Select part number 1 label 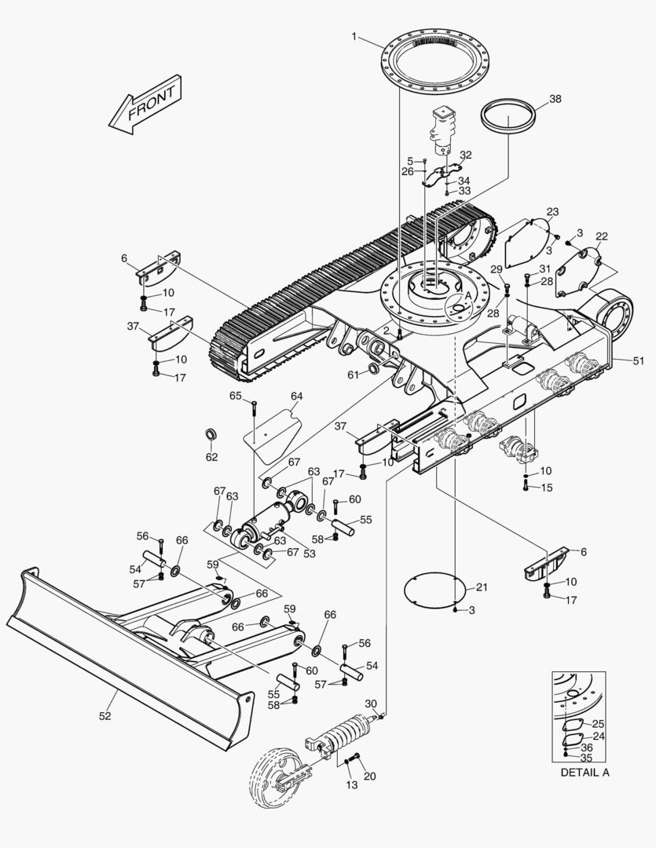354,36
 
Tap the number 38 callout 555,99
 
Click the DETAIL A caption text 584,773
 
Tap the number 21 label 482,587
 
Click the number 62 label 211,457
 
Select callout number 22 602,236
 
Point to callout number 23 552,212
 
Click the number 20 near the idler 369,777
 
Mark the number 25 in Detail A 598,724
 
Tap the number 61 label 354,375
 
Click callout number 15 547,488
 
